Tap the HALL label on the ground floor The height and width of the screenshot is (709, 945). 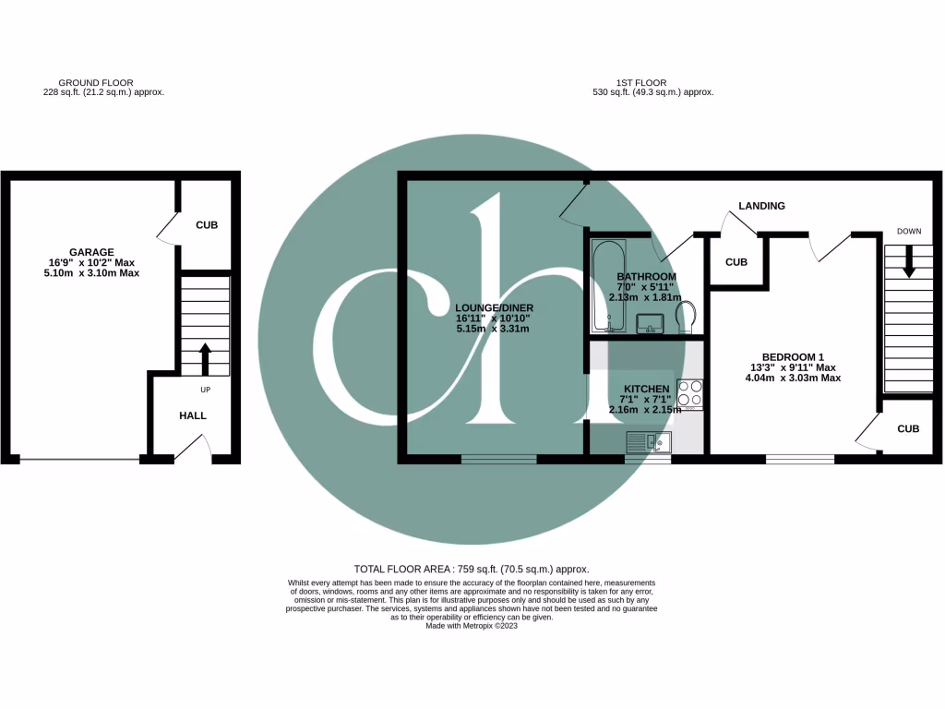(x=193, y=415)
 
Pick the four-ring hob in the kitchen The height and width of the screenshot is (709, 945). (x=690, y=393)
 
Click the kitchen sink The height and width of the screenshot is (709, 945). (x=647, y=442)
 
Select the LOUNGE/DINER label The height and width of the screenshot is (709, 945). (x=494, y=307)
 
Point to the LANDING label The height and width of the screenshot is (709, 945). (x=761, y=206)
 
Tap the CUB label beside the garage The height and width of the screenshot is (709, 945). (x=206, y=225)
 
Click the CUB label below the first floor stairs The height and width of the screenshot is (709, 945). (x=908, y=428)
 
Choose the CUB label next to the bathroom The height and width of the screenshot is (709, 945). (x=736, y=262)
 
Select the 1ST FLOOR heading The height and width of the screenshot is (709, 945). (x=643, y=83)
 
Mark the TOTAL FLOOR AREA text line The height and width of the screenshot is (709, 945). (x=472, y=570)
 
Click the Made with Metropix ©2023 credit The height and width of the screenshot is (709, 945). (x=472, y=626)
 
